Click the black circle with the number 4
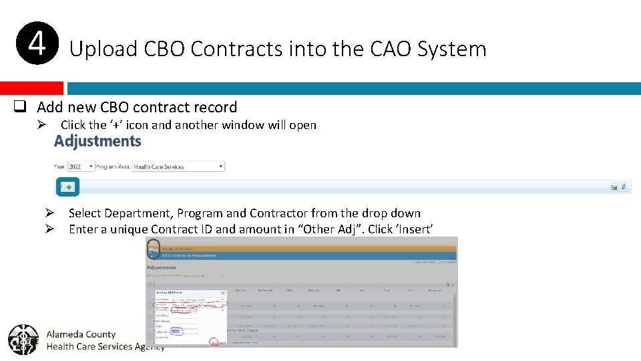(37, 43)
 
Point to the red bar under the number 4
(31, 88)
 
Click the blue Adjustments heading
(97, 141)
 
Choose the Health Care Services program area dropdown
(178, 166)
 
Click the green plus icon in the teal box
(69, 187)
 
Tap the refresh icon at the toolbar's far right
(624, 187)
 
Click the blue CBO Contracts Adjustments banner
(300, 255)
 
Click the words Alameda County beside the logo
(81, 334)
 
